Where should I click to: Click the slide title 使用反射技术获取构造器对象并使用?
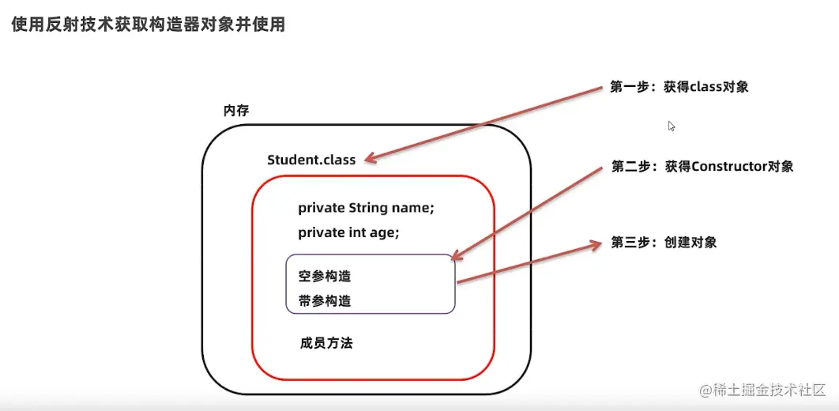148,25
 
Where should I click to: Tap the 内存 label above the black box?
236,111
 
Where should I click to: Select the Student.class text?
311,160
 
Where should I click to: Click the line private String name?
366,208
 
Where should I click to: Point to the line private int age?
348,232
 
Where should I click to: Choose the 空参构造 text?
324,277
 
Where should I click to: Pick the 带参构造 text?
324,301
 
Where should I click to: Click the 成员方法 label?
326,343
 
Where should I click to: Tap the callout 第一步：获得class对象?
679,87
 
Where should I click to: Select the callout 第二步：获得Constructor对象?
702,166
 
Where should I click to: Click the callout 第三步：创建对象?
664,243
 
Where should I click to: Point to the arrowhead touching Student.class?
370,160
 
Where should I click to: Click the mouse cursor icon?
672,126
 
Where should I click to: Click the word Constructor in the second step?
724,166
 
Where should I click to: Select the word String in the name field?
368,208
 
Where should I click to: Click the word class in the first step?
701,87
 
